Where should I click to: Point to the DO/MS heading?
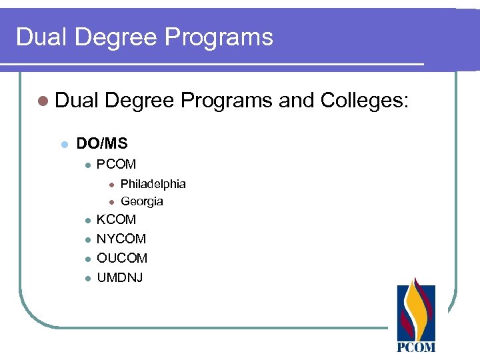coord(102,143)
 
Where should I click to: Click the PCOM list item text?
coord(116,164)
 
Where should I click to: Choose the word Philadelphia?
coord(153,183)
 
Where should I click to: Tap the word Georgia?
coord(141,201)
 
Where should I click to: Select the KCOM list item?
coord(116,219)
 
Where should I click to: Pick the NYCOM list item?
coord(121,239)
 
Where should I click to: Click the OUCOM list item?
coord(122,258)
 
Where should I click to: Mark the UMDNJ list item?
coord(120,277)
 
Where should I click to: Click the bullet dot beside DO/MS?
coord(64,144)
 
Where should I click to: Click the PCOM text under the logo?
coord(416,347)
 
